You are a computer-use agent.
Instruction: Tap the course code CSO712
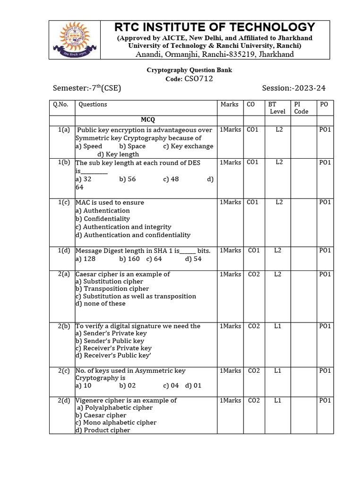198,79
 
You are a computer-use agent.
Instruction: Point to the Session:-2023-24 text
294,88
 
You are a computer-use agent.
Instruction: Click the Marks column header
229,104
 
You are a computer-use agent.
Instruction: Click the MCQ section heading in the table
147,120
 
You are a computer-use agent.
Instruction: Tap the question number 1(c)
64,202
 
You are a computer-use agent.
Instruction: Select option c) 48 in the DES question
177,179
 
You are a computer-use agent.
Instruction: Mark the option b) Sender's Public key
111,341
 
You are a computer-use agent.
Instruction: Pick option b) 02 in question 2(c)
127,386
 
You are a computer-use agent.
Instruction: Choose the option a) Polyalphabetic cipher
115,408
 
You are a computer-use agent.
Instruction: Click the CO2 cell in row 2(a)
254,274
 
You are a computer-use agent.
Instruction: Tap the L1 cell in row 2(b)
277,326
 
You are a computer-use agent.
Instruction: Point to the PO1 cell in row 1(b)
325,162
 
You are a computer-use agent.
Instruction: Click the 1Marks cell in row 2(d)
230,400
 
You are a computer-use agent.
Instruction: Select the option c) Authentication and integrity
123,227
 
